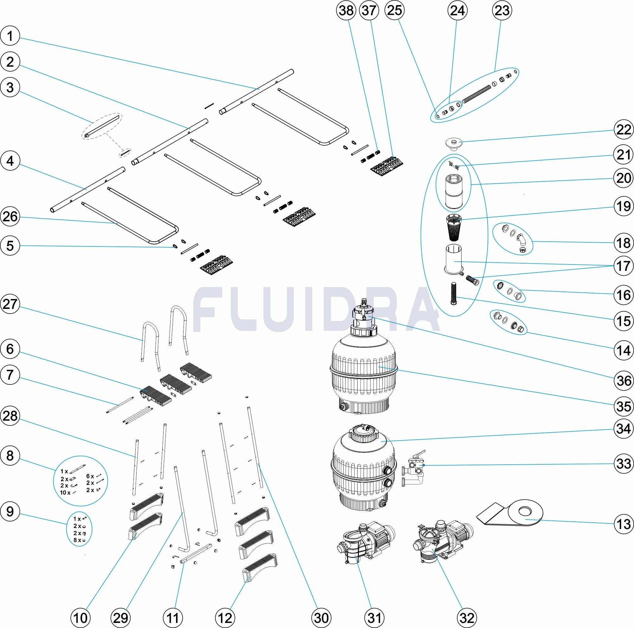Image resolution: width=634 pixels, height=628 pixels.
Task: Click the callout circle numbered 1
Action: (10, 36)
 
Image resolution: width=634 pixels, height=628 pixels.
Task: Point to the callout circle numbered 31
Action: (374, 618)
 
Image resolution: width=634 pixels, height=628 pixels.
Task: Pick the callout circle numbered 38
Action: (347, 10)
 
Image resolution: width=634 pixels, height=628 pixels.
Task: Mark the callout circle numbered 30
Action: (321, 618)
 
